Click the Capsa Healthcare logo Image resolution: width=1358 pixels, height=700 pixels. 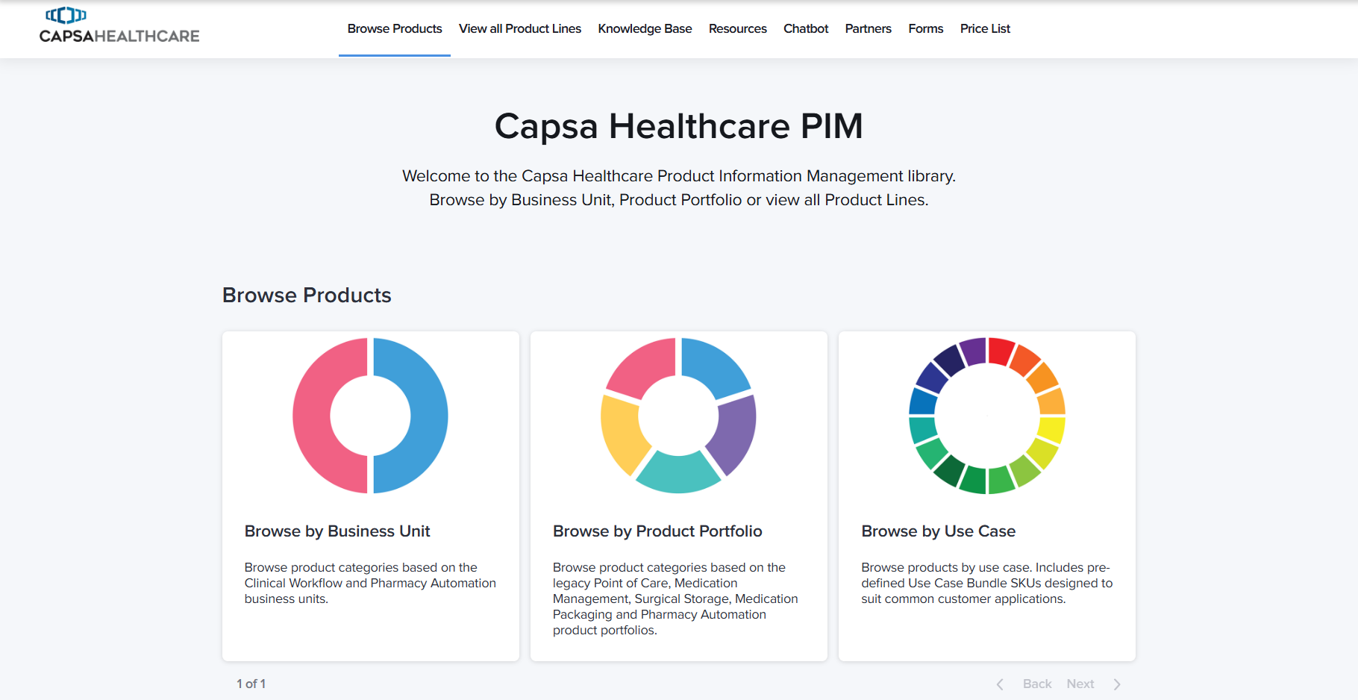click(119, 25)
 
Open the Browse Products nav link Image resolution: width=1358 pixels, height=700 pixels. click(395, 28)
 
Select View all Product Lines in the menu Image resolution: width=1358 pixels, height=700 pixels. click(520, 28)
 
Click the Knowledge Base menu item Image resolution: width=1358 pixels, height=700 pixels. click(645, 28)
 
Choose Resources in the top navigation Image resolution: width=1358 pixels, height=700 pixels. click(738, 28)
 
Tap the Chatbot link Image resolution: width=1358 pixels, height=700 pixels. click(806, 28)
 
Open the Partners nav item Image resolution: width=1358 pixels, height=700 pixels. click(869, 28)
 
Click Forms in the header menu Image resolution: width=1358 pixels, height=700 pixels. click(926, 28)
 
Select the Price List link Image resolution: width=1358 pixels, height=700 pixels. click(985, 28)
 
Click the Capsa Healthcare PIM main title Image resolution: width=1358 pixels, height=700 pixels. click(679, 126)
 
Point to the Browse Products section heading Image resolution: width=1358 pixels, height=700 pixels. click(307, 296)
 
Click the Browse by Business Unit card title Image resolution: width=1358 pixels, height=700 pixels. click(337, 531)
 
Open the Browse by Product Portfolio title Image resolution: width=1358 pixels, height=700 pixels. click(657, 531)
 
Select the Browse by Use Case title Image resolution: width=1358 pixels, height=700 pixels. click(938, 531)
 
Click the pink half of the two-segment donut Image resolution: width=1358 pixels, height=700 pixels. click(312, 416)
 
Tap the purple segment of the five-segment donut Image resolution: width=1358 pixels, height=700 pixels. click(733, 433)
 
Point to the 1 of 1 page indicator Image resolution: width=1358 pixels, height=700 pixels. click(251, 684)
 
